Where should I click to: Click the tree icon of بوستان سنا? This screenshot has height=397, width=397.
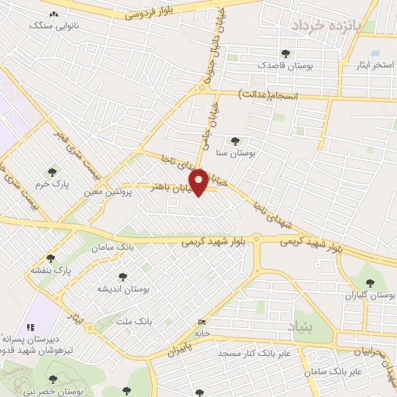pos(235,141)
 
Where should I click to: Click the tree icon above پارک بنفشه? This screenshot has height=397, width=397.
pos(51,258)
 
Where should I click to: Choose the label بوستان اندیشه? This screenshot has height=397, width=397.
pos(122,288)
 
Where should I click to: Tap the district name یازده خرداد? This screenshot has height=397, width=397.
pos(328,26)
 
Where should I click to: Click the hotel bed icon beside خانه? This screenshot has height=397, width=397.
pos(202,323)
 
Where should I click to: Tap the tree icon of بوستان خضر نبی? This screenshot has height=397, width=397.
pos(52,380)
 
